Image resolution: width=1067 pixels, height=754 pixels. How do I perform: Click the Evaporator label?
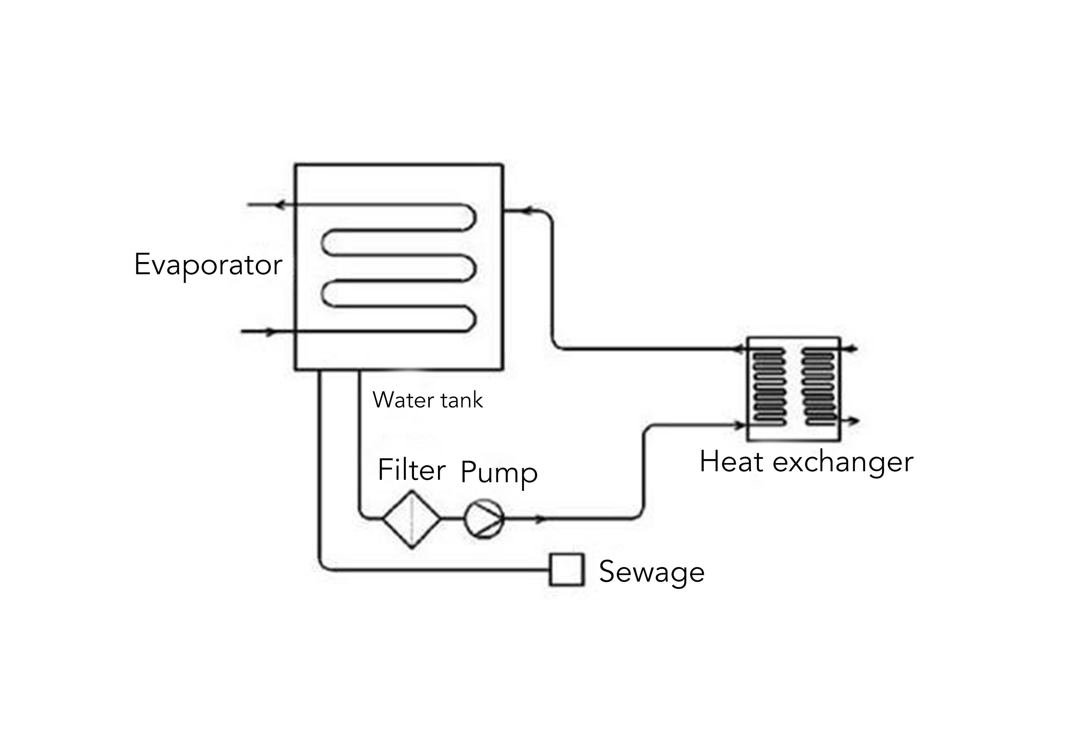point(208,265)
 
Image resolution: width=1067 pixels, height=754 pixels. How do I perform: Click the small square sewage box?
point(566,569)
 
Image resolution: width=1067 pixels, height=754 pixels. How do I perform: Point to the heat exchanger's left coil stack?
point(769,386)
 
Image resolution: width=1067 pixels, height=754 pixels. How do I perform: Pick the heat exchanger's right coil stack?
point(819,386)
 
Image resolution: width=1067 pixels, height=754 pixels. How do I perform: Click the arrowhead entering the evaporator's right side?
point(526,211)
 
